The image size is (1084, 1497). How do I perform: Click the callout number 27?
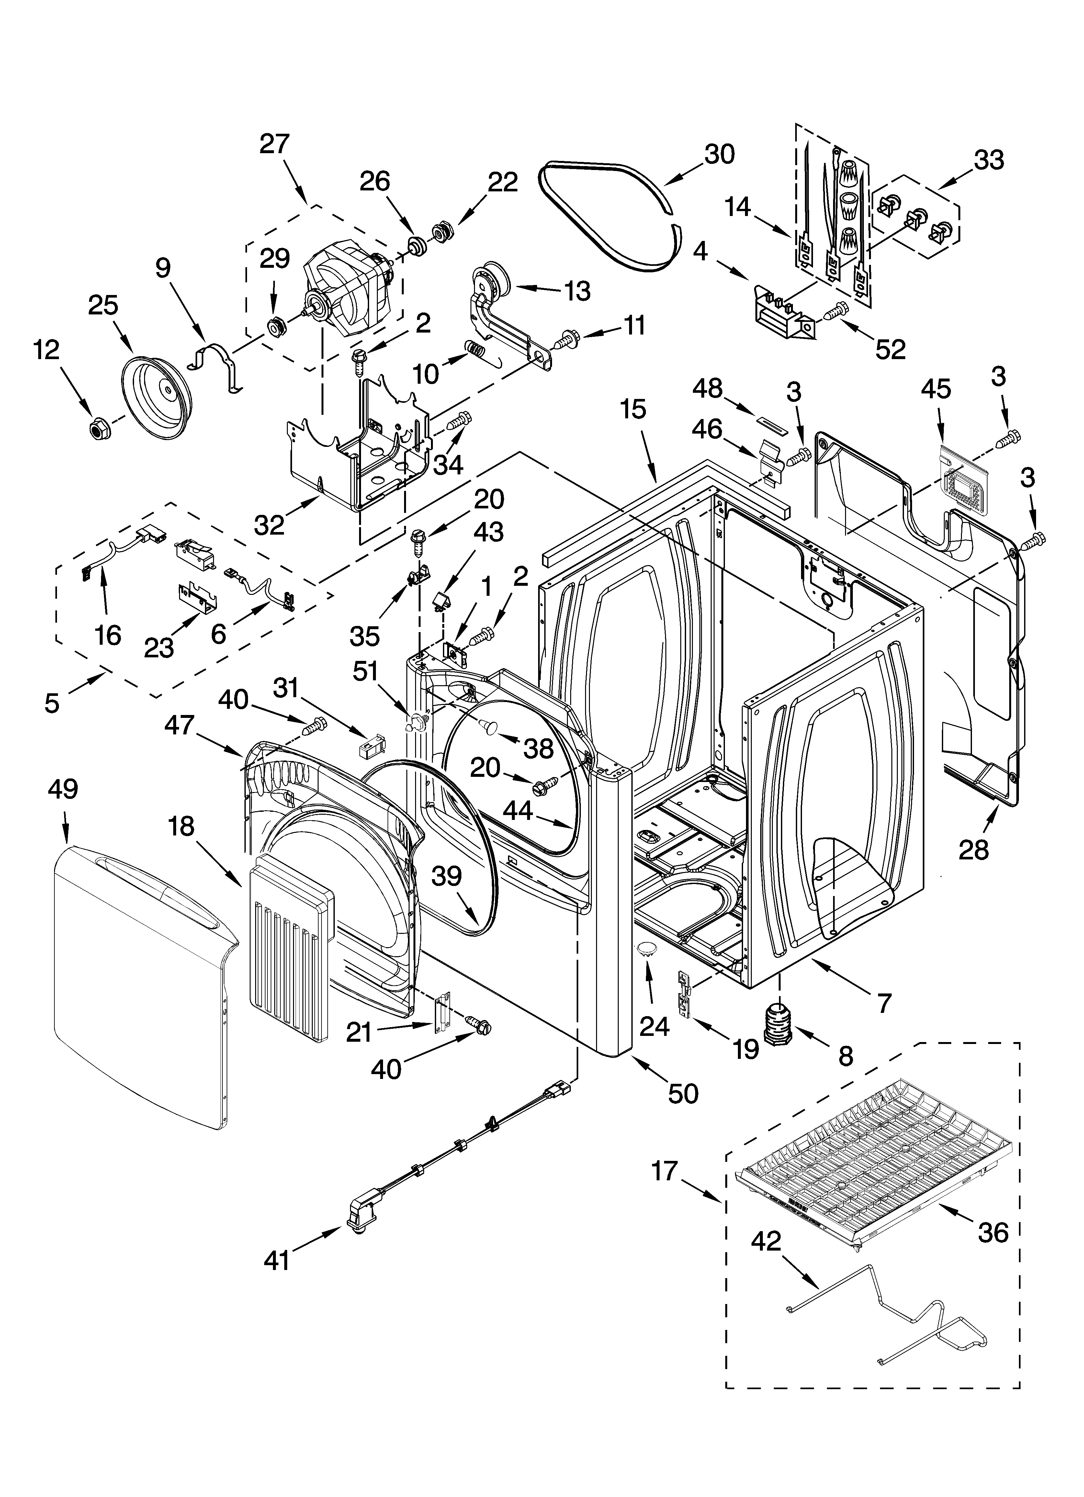tap(275, 144)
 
